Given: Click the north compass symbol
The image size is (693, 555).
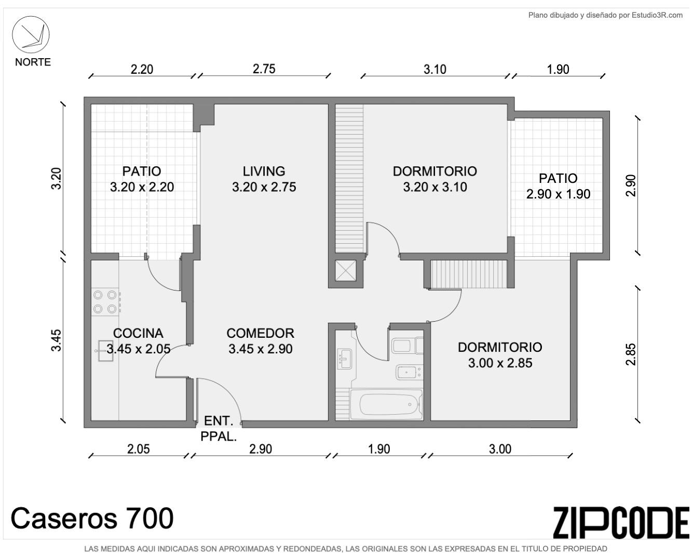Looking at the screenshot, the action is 31,34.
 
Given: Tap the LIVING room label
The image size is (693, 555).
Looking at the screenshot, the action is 264,171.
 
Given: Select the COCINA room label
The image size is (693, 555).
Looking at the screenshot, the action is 138,333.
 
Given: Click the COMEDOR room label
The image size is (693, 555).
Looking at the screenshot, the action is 260,333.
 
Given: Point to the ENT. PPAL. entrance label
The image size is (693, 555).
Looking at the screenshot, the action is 219,429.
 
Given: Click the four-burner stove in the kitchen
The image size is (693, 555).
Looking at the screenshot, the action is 105,302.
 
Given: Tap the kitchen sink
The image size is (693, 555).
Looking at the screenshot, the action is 105,351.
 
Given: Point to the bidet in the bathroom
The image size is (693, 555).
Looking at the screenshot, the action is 409,373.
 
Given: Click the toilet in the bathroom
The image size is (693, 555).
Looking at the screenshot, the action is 407,346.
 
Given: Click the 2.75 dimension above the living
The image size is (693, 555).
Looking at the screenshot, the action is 264,69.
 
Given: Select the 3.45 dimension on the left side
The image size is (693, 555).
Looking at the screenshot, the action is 56,340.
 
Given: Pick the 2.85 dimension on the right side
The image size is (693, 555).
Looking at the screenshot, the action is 631,354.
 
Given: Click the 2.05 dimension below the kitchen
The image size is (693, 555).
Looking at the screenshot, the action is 139,449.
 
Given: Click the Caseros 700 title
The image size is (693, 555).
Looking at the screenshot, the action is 92,519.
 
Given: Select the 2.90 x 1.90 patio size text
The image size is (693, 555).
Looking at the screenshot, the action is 558,194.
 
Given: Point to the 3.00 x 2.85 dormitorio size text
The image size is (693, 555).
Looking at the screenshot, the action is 500,363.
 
